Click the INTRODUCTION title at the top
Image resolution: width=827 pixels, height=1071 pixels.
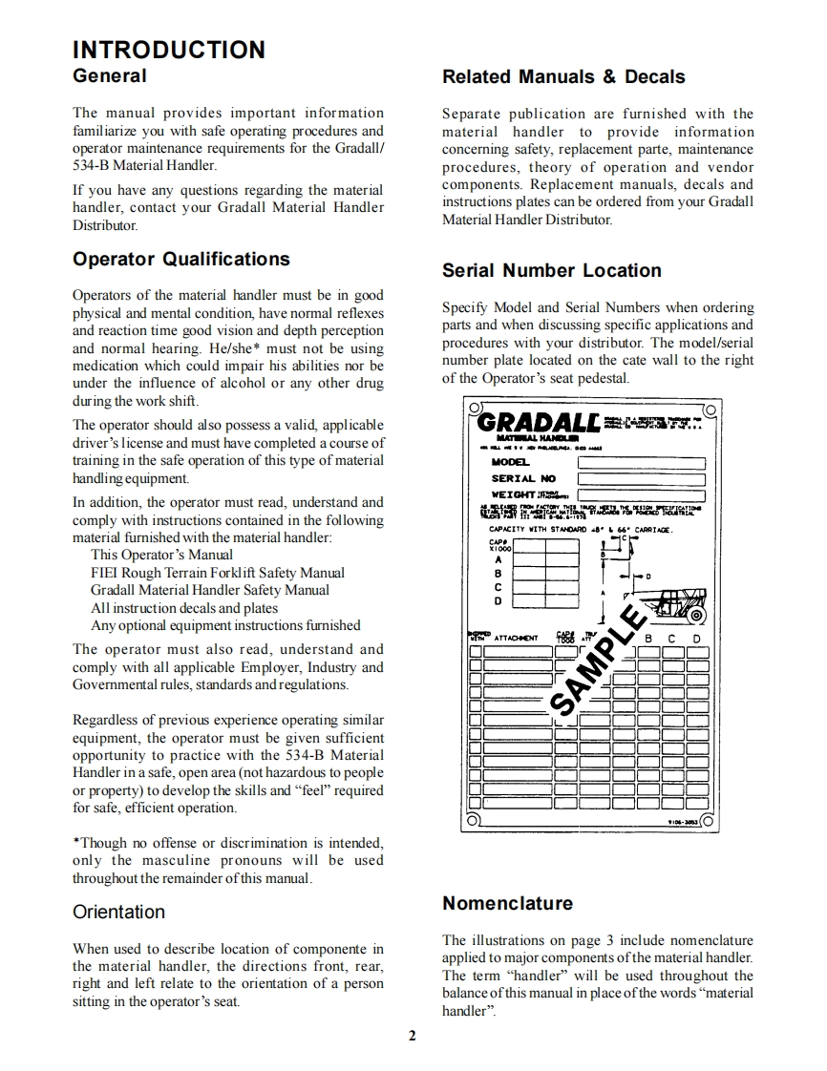tap(169, 50)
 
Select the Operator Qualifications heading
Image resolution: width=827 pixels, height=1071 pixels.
tap(180, 260)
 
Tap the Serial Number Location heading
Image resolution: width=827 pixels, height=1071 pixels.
tap(551, 271)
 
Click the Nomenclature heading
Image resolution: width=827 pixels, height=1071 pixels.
tap(507, 903)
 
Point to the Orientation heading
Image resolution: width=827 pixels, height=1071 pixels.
tap(118, 912)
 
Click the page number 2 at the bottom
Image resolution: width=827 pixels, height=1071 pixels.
tap(413, 1037)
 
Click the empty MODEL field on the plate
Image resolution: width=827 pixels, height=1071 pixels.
tap(641, 463)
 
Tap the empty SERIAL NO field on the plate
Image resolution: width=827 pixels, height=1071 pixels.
tap(641, 478)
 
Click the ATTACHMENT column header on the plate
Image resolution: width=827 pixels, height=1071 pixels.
tap(516, 638)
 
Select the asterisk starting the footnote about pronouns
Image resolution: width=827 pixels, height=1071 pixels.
tap(76, 842)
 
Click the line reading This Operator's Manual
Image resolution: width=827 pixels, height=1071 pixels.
tap(161, 555)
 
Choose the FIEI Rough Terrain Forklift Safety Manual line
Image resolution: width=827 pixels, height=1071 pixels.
tap(218, 573)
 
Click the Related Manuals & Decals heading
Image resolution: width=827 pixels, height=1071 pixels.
tap(563, 77)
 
